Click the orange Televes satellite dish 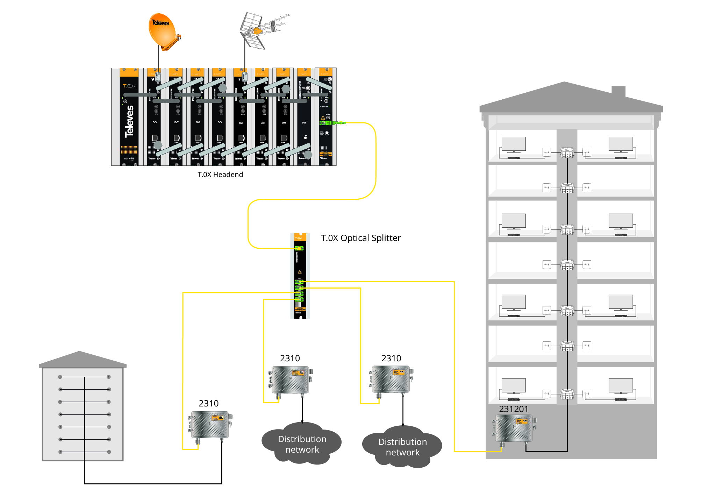pyautogui.click(x=163, y=31)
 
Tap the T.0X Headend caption pyautogui.click(x=220, y=175)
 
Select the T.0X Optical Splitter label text pyautogui.click(x=361, y=238)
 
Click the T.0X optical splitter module pyautogui.click(x=300, y=276)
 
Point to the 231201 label pyautogui.click(x=514, y=409)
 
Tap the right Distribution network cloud pyautogui.click(x=402, y=447)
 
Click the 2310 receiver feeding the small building pyautogui.click(x=210, y=425)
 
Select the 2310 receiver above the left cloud pyautogui.click(x=291, y=380)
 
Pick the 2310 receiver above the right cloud pyautogui.click(x=391, y=380)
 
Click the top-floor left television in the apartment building pyautogui.click(x=513, y=144)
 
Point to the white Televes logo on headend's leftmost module pyautogui.click(x=129, y=121)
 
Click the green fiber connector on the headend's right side pyautogui.click(x=336, y=123)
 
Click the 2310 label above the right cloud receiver pyautogui.click(x=391, y=358)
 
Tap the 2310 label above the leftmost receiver pyautogui.click(x=208, y=403)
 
